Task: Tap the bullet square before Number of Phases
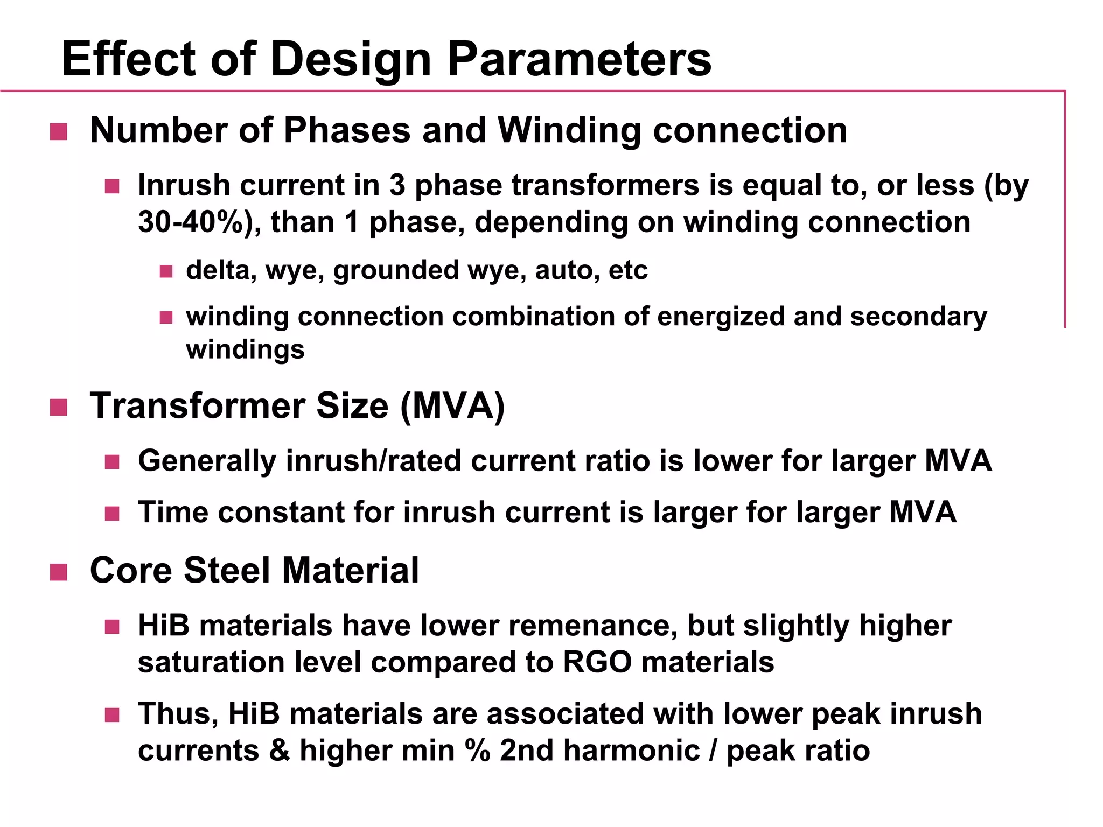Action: [x=58, y=131]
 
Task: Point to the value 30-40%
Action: [x=191, y=222]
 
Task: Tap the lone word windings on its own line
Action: [x=245, y=349]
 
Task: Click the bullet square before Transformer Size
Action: [x=58, y=407]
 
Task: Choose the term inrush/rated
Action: [x=373, y=461]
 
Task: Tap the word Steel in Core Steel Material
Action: [x=227, y=570]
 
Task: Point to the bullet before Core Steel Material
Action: [x=58, y=572]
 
